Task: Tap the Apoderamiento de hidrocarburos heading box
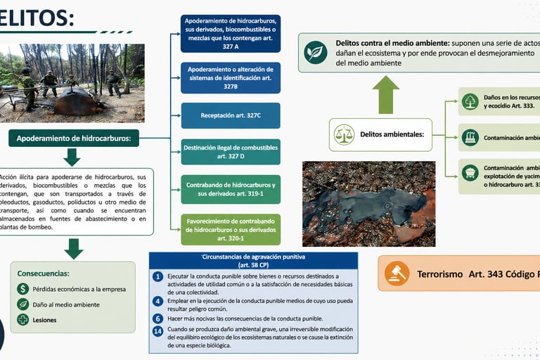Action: tap(74, 139)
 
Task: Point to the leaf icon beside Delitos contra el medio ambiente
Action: tap(316, 52)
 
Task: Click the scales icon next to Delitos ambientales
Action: tap(345, 134)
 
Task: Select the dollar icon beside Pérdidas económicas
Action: tap(22, 289)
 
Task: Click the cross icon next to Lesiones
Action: tap(22, 320)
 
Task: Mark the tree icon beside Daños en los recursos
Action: tap(470, 101)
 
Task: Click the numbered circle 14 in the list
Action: tap(157, 331)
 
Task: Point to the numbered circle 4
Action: tap(157, 301)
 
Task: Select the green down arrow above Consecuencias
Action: tap(73, 247)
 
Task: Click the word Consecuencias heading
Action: tap(44, 273)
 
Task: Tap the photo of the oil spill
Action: tap(368, 204)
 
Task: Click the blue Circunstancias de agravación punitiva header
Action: tap(254, 260)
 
